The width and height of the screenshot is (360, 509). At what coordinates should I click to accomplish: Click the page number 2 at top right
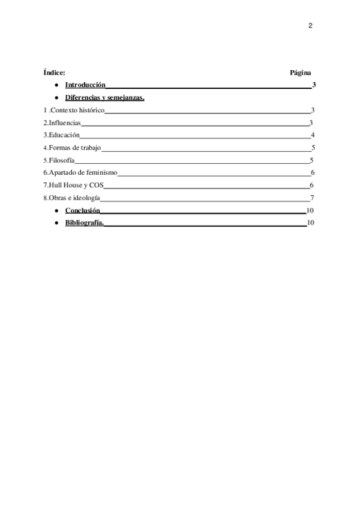(310, 26)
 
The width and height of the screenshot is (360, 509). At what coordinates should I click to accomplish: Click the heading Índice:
(55, 73)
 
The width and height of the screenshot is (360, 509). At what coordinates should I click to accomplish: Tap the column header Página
(300, 73)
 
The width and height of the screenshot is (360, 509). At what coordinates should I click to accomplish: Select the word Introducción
(85, 85)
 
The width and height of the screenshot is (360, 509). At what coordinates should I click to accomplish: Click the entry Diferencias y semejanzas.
(104, 97)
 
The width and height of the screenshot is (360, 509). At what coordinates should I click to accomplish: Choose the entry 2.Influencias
(61, 123)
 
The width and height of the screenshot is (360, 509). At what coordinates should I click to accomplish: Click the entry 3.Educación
(61, 135)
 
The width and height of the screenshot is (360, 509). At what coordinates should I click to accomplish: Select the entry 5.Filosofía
(59, 160)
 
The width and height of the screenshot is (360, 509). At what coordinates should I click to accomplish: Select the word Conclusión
(83, 210)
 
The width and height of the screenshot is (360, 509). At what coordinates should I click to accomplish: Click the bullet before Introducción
(55, 85)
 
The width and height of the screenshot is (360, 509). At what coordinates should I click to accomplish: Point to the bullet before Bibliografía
(55, 223)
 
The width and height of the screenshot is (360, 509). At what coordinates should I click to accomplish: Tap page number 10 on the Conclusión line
(310, 210)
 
